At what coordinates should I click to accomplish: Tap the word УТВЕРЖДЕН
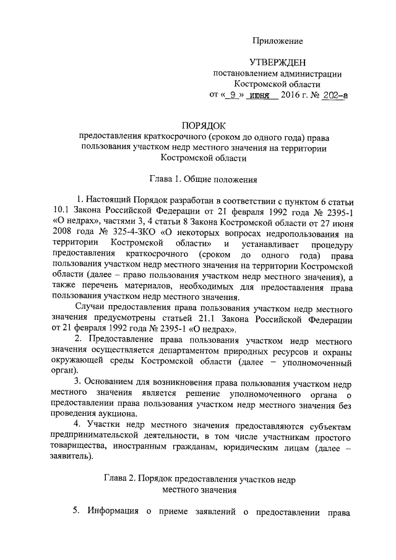pos(277,62)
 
